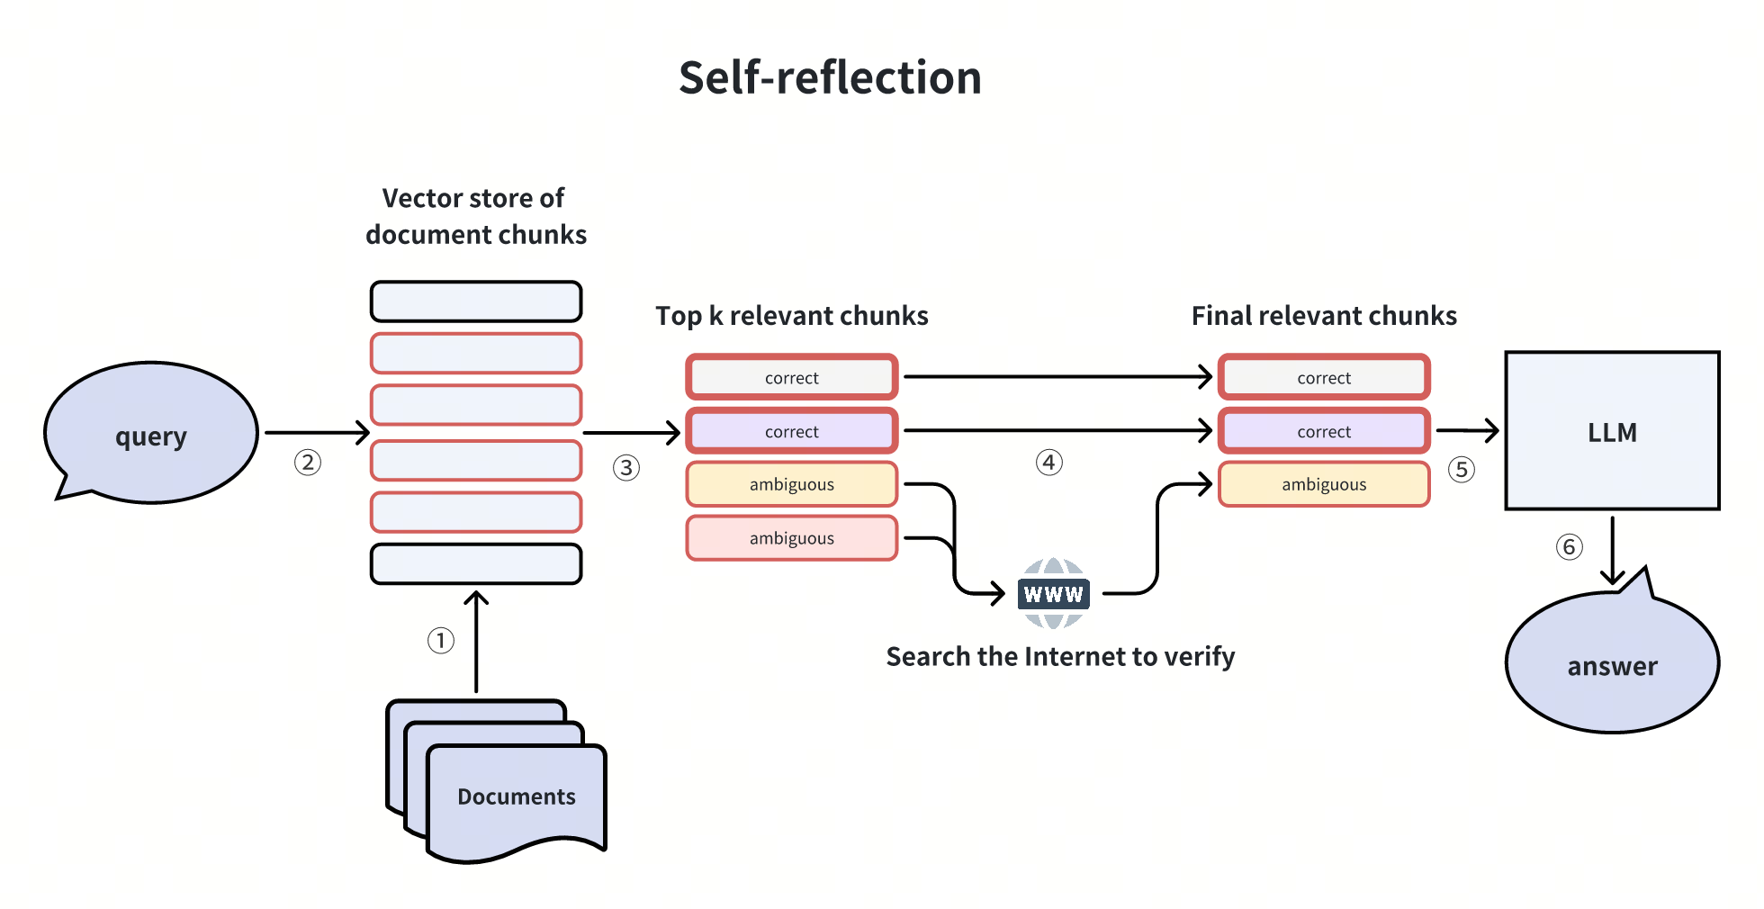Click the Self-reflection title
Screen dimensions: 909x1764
829,77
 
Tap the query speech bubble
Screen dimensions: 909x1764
151,434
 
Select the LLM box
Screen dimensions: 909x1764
1612,431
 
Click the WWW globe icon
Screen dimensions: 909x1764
1053,593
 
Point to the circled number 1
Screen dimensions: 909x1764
440,641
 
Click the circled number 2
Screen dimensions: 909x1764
308,463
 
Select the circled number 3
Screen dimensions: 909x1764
626,468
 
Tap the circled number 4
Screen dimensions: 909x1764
1049,463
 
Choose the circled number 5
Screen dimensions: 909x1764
1462,469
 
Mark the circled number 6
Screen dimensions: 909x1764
1569,547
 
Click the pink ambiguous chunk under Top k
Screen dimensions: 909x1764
792,538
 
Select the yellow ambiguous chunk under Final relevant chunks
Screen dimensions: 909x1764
1324,484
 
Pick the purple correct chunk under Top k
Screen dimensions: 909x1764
792,431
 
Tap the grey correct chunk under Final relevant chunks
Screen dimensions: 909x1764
1324,378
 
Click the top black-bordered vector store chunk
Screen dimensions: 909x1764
476,301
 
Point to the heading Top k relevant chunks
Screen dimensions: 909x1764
791,316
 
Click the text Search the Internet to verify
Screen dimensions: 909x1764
1060,657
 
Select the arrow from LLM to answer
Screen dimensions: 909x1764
1612,549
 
